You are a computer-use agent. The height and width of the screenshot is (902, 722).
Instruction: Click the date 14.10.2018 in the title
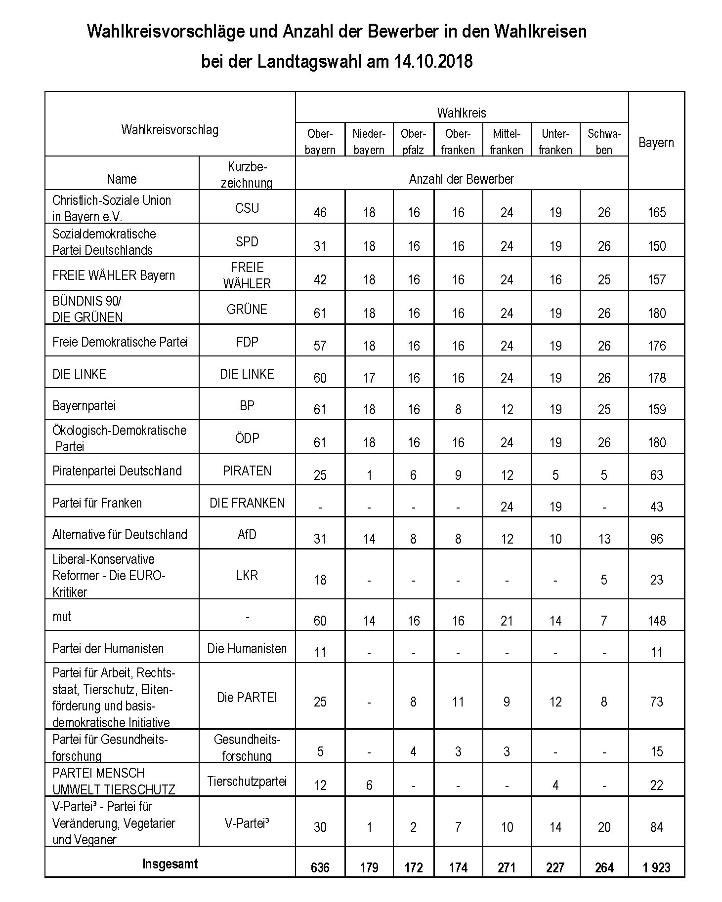433,62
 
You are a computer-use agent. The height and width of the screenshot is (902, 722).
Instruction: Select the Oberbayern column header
320,142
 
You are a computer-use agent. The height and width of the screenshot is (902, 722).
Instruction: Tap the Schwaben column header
604,142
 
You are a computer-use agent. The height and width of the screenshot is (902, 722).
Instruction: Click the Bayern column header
656,143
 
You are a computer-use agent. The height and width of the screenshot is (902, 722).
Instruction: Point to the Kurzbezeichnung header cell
247,174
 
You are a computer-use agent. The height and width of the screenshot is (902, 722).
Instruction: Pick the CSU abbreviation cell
247,208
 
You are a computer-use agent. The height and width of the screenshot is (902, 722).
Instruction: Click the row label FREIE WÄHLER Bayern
114,275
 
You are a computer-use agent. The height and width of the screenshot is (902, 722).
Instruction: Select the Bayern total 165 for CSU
656,213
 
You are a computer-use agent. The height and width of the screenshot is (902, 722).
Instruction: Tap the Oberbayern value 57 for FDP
320,346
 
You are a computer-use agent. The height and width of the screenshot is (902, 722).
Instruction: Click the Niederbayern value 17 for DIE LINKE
369,378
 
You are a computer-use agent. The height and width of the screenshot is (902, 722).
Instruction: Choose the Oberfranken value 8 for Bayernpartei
458,410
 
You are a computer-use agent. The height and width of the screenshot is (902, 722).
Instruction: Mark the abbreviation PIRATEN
247,471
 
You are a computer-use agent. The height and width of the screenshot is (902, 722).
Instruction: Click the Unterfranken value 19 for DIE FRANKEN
555,507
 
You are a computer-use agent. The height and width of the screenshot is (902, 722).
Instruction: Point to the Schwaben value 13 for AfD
604,539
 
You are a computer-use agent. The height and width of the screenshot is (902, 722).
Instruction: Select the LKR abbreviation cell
247,575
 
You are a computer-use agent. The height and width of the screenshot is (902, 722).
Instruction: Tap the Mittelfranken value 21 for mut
507,621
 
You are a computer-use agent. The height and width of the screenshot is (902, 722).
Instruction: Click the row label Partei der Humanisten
108,648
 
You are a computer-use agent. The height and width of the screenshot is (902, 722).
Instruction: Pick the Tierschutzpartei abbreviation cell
247,781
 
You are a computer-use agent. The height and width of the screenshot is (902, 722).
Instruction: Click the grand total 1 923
656,867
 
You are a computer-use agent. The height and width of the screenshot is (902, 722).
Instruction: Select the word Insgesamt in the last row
170,863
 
